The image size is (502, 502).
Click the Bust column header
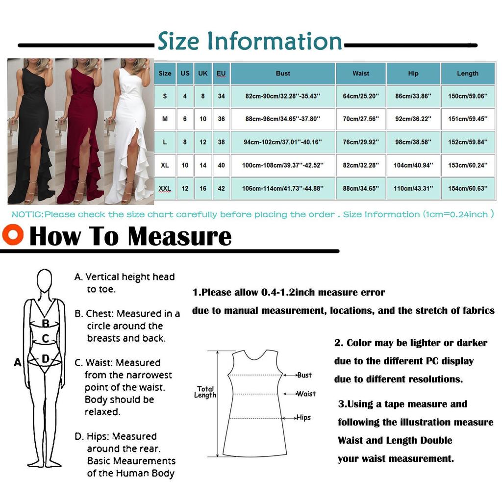coord(283,74)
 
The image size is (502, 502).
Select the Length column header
coord(467,74)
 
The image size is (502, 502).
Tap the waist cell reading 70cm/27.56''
coord(361,119)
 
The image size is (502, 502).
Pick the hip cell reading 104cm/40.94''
coord(413,166)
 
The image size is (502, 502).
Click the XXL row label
coord(165,189)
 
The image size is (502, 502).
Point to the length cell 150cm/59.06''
coord(467,97)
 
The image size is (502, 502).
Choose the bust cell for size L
coord(283,142)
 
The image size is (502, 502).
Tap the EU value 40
coord(221,166)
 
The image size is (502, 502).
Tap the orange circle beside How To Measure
coord(13,234)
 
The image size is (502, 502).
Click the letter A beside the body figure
coord(18,363)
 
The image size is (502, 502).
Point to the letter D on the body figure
coord(45,359)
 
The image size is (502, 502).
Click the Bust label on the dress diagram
coord(304,375)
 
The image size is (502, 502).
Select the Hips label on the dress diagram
coord(303,418)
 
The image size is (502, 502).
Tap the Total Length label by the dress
coord(205,392)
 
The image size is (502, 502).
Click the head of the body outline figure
coord(45,281)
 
